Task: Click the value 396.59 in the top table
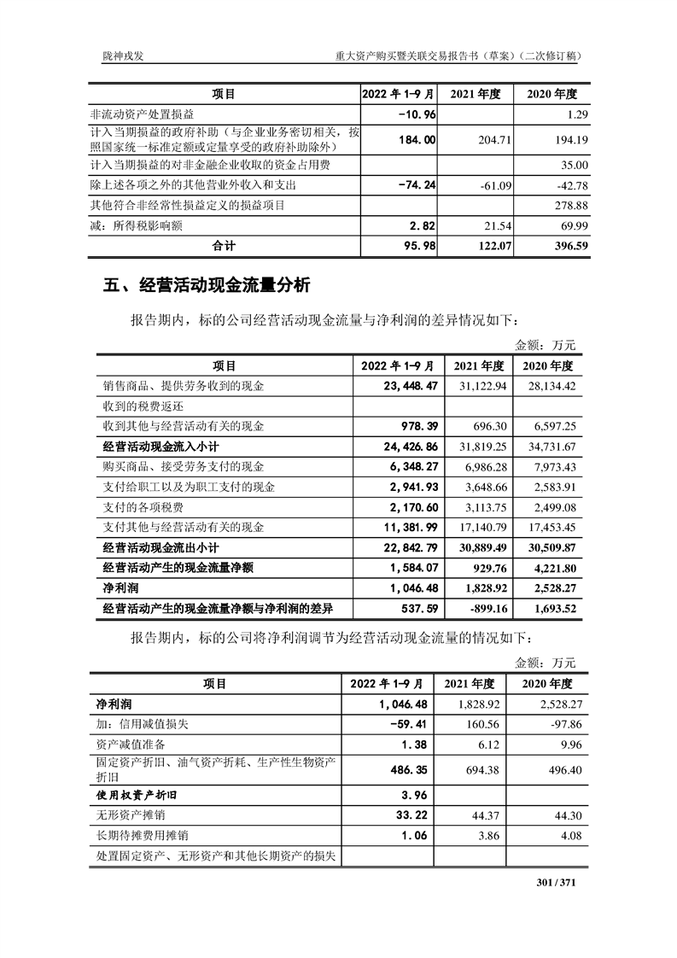pyautogui.click(x=569, y=246)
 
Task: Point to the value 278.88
pyautogui.click(x=569, y=205)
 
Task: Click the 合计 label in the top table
pyautogui.click(x=225, y=246)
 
